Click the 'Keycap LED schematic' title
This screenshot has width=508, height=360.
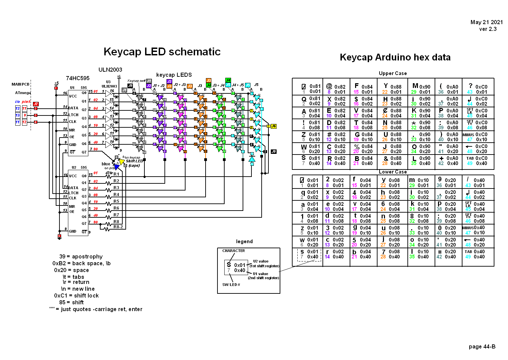[x=162, y=52]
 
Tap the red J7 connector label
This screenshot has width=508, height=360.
[x=36, y=104]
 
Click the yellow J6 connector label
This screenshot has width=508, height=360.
[x=274, y=126]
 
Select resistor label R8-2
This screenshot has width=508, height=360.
[x=118, y=227]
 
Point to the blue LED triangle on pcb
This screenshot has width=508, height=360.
[x=117, y=167]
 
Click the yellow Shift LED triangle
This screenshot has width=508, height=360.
[x=122, y=162]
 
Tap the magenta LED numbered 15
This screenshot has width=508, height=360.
[x=181, y=97]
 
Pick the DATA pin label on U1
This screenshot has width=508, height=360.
[x=73, y=108]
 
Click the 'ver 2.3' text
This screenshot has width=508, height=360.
[x=488, y=29]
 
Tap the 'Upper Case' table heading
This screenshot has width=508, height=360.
[x=393, y=73]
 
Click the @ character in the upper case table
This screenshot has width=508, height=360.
[x=329, y=86]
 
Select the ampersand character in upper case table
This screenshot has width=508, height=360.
[x=386, y=158]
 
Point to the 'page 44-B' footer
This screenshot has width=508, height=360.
[x=482, y=347]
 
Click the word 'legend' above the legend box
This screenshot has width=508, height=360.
[x=244, y=241]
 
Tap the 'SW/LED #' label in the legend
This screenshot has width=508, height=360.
[x=231, y=285]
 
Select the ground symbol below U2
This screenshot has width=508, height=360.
[x=59, y=237]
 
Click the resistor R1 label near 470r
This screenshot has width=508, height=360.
[x=116, y=174]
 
